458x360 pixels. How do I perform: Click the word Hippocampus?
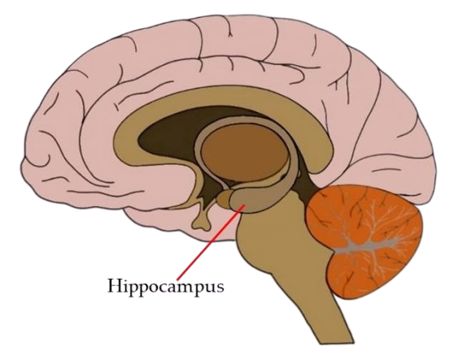coord(166,287)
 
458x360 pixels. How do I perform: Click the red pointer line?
coord(211,242)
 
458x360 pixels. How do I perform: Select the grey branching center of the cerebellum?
coord(369,245)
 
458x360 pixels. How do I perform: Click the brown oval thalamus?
coord(245,152)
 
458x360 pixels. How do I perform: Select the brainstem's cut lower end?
coord(336,341)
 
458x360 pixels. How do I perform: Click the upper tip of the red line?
coord(245,205)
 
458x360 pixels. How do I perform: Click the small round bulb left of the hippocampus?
coord(223,198)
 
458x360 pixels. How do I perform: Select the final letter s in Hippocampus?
coord(220,287)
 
